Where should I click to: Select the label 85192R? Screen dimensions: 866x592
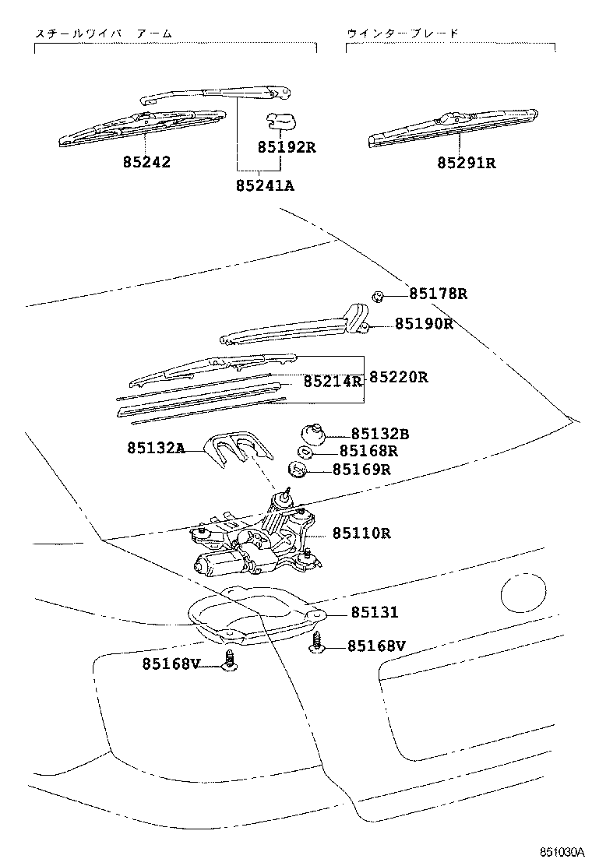(x=287, y=147)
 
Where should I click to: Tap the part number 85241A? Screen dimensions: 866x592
(x=265, y=185)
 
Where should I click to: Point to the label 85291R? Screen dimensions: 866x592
(x=466, y=163)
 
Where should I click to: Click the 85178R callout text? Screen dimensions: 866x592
(x=439, y=294)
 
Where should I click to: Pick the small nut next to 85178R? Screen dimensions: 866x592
(x=376, y=295)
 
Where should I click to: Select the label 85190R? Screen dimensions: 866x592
(x=424, y=323)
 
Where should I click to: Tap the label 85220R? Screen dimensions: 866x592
(x=398, y=377)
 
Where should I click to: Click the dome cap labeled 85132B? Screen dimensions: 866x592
(x=312, y=431)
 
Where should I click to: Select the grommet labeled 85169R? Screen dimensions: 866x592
(x=297, y=470)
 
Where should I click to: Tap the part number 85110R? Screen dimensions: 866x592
(x=361, y=533)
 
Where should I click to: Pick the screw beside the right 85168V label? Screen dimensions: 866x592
(x=319, y=642)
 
